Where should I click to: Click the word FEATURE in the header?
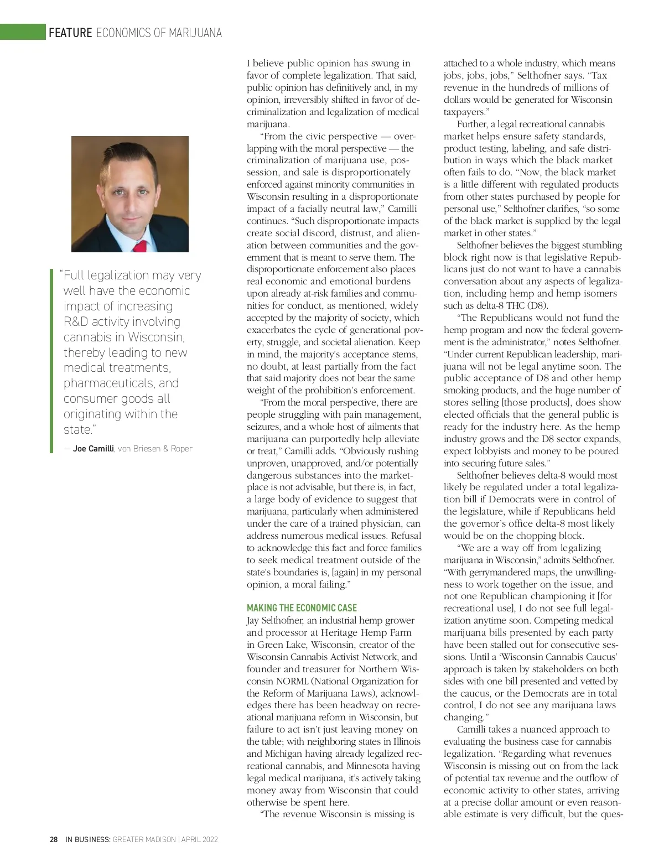coord(70,33)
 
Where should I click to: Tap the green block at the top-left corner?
coord(22,32)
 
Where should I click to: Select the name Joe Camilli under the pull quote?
coord(93,449)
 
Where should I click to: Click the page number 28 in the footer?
coord(54,839)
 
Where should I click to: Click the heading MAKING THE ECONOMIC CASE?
coord(302,607)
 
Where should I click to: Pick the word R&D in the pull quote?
coord(76,322)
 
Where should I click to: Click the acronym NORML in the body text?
coord(292,681)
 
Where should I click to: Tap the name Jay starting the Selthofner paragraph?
coord(253,620)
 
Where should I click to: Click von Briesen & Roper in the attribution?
coord(155,449)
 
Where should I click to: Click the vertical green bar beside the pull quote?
coord(51,360)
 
